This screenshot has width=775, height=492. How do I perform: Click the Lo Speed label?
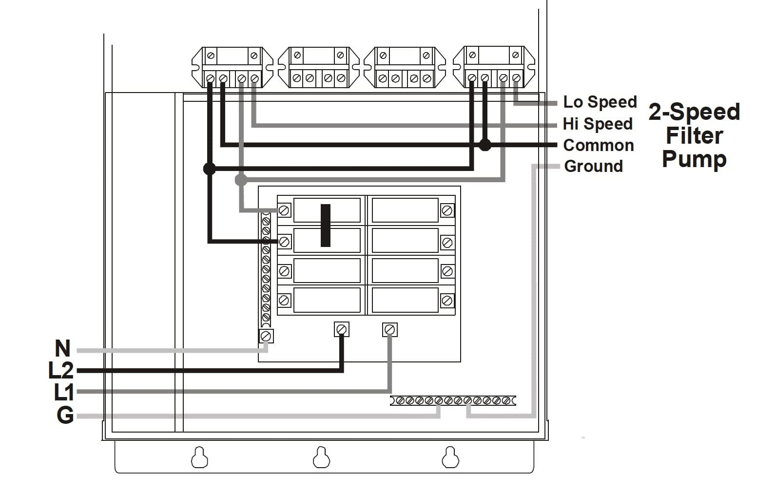pos(600,102)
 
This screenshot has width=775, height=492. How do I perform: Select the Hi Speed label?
pos(598,124)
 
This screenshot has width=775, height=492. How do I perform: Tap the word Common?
pos(598,145)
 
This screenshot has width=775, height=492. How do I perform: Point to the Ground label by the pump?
pos(593,166)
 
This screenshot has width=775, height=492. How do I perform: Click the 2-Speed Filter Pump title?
pos(694,135)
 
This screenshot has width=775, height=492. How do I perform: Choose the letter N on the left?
pos(62,349)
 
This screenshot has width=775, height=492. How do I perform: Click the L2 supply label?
pos(61,371)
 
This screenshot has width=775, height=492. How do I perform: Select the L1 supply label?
pos(63,392)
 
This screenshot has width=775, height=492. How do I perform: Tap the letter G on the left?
pos(65,416)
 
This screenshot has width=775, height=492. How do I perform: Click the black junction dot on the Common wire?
pos(484,145)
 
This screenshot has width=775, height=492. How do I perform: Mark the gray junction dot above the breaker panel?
pos(241,180)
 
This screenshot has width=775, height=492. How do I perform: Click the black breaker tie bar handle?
pos(326,225)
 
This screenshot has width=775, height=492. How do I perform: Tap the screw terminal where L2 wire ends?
pos(342,330)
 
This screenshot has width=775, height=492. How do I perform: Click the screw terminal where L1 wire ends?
pos(389,330)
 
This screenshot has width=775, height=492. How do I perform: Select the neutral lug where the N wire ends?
pos(266,336)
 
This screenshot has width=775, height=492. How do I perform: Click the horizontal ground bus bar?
pos(453,400)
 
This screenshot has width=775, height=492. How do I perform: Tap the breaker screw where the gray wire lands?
pos(284,211)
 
